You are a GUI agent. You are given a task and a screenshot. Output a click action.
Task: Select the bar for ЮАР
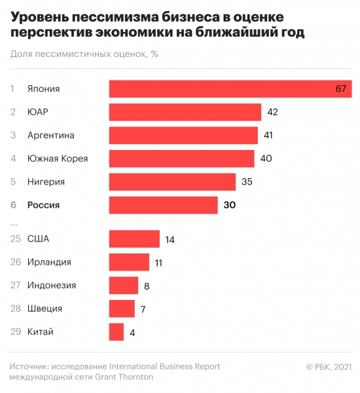(x=185, y=112)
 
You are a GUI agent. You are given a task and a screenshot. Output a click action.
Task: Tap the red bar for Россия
(x=163, y=205)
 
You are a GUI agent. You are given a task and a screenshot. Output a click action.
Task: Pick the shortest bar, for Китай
(x=117, y=332)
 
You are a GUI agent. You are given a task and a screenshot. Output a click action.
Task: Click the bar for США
(x=134, y=239)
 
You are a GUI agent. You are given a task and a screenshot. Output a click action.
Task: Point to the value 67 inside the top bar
(x=340, y=89)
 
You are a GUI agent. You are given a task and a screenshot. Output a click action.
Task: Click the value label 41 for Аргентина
(x=268, y=136)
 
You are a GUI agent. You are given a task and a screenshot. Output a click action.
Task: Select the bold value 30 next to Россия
(x=229, y=205)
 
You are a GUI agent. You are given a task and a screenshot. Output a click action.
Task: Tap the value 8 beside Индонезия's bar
(x=147, y=286)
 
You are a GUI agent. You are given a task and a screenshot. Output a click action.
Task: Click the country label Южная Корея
(x=58, y=159)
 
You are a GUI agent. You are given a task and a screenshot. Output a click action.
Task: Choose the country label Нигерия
(x=46, y=181)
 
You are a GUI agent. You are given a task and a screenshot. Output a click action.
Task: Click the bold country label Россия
(x=43, y=205)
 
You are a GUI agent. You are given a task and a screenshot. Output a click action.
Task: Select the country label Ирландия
(x=49, y=262)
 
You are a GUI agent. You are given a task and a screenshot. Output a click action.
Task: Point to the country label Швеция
(x=45, y=309)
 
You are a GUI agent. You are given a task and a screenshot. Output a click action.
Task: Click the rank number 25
(x=15, y=239)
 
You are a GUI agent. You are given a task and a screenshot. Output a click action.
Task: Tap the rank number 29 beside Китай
(x=15, y=332)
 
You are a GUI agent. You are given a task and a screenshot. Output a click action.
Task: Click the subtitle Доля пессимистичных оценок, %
(x=84, y=54)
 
